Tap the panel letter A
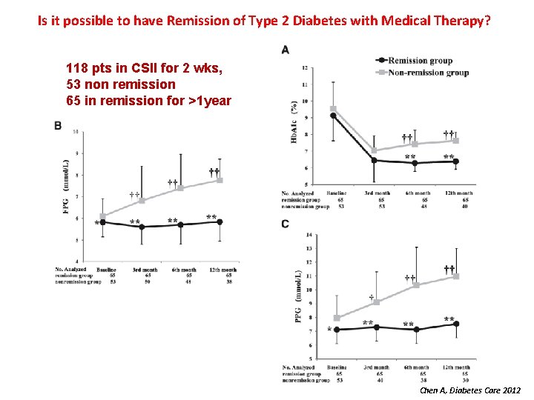tap(286, 50)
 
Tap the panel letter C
tap(286, 224)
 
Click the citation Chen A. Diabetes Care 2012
tap(469, 390)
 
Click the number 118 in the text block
tap(77, 70)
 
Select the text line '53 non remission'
tap(121, 84)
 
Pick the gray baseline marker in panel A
tap(333, 109)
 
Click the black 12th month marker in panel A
tap(455, 161)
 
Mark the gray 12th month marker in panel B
tap(220, 180)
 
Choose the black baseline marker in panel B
tap(102, 222)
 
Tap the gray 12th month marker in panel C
tap(456, 276)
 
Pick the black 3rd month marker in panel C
tap(376, 327)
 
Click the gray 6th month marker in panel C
tap(416, 284)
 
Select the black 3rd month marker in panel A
tap(374, 160)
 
